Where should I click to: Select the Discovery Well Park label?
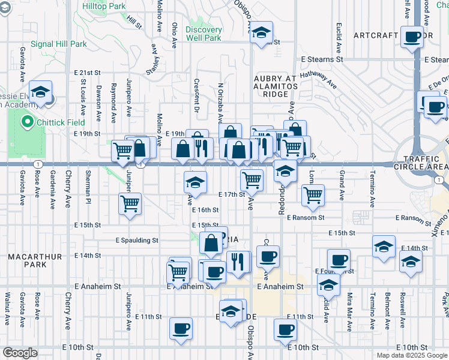pyautogui.click(x=203, y=34)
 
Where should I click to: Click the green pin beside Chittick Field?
pyautogui.click(x=26, y=122)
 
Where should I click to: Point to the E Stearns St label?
pyautogui.click(x=322, y=59)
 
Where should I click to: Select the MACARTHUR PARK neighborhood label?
pyautogui.click(x=35, y=260)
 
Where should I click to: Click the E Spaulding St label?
pyautogui.click(x=137, y=240)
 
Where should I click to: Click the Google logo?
pyautogui.click(x=20, y=353)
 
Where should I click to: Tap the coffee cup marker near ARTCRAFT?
pyautogui.click(x=412, y=37)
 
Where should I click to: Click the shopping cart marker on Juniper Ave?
pyautogui.click(x=130, y=204)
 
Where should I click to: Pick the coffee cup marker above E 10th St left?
pyautogui.click(x=181, y=329)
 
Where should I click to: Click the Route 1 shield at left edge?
pyautogui.click(x=37, y=164)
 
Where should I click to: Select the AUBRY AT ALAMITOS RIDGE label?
pyautogui.click(x=276, y=86)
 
